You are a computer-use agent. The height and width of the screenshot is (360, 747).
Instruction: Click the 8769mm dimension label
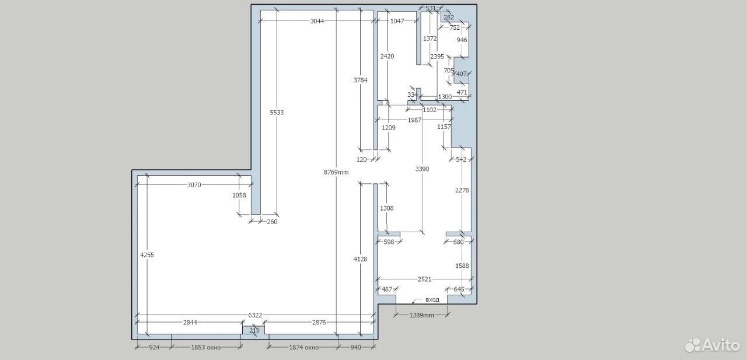pyautogui.click(x=336, y=172)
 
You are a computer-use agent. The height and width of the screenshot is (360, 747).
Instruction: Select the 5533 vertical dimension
pyautogui.click(x=277, y=113)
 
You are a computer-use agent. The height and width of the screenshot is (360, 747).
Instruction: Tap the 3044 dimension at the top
pyautogui.click(x=317, y=21)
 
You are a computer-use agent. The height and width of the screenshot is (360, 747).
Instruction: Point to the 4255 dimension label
pyautogui.click(x=147, y=254)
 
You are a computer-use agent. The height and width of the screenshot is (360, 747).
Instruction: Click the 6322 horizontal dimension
pyautogui.click(x=255, y=315)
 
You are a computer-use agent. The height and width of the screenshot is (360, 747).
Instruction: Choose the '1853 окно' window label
pyautogui.click(x=206, y=347)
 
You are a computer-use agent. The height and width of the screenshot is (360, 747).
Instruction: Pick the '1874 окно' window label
pyautogui.click(x=304, y=347)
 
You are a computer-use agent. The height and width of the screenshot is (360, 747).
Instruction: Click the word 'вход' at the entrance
pyautogui.click(x=432, y=300)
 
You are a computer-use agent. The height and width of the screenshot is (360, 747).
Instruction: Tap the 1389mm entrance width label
pyautogui.click(x=422, y=315)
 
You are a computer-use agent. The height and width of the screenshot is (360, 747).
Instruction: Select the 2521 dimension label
pyautogui.click(x=424, y=279)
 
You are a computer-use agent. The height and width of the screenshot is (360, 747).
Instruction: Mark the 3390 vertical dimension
pyautogui.click(x=422, y=169)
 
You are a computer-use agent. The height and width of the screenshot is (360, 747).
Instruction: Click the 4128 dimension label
pyautogui.click(x=360, y=258)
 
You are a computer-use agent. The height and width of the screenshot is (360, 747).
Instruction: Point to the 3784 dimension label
pyautogui.click(x=361, y=80)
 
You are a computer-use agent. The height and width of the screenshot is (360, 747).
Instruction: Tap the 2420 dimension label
pyautogui.click(x=387, y=57)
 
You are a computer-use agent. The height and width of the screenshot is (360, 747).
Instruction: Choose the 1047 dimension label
pyautogui.click(x=397, y=21)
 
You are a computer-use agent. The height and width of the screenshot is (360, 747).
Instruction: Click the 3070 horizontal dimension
pyautogui.click(x=194, y=184)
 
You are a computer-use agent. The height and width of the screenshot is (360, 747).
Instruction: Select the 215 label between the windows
pyautogui.click(x=254, y=330)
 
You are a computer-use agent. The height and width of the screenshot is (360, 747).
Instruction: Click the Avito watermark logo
pyautogui.click(x=713, y=345)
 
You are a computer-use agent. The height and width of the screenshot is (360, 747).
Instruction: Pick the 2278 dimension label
pyautogui.click(x=462, y=190)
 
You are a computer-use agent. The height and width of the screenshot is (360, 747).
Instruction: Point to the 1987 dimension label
pyautogui.click(x=414, y=120)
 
